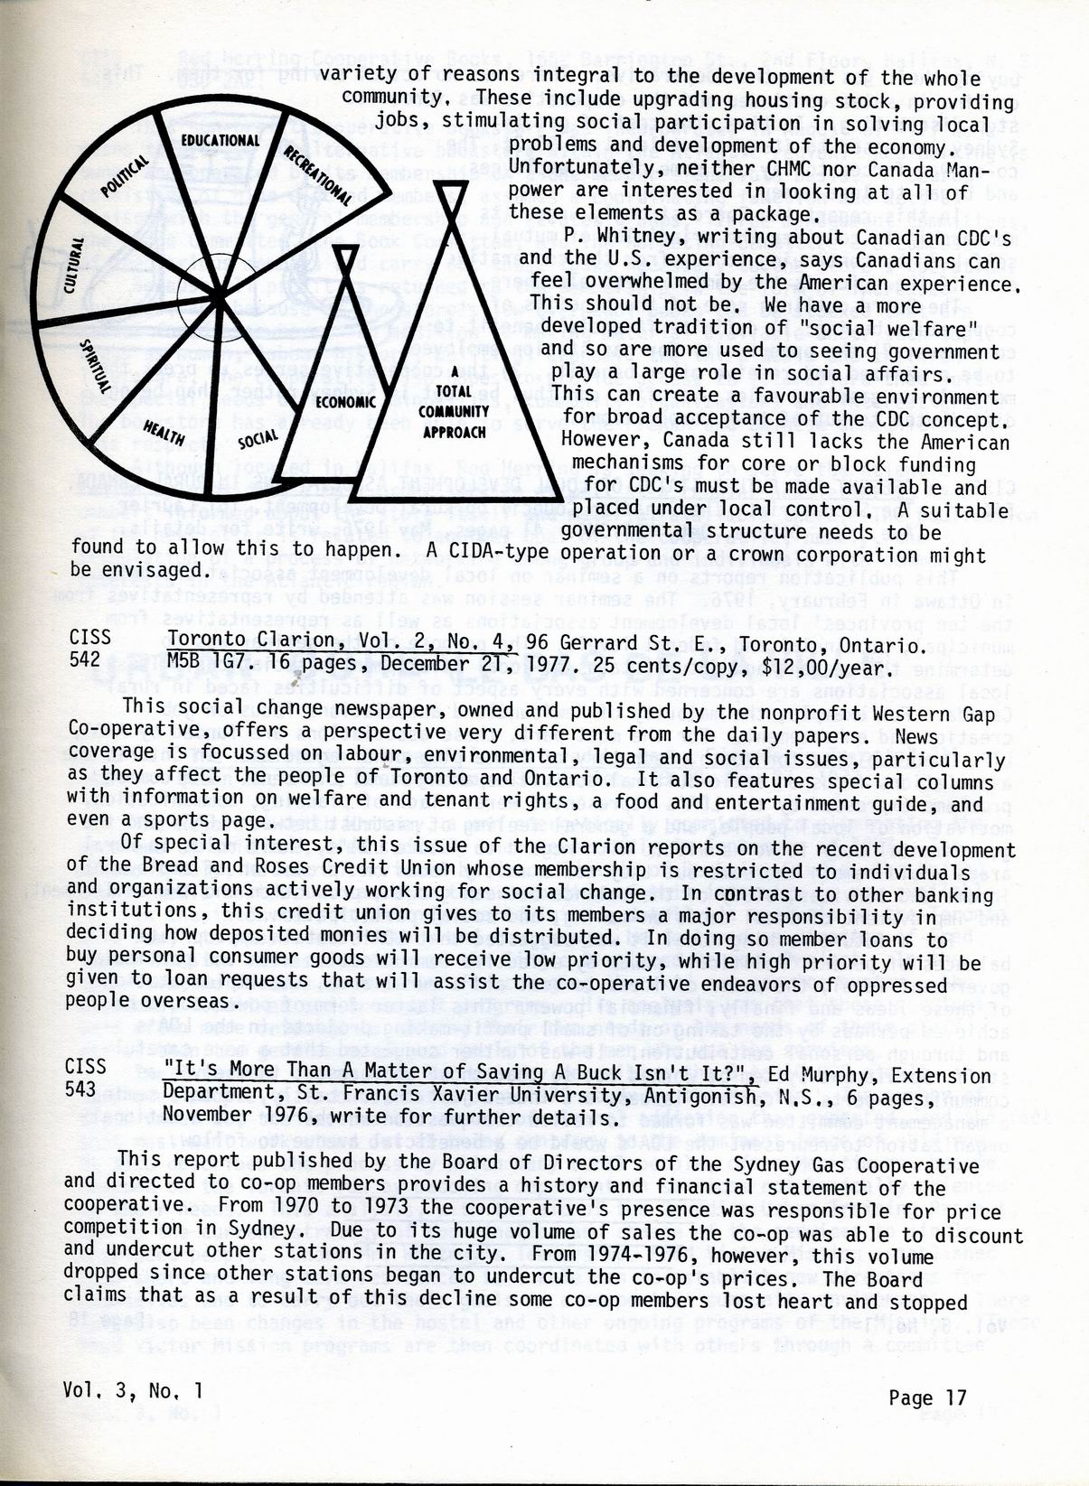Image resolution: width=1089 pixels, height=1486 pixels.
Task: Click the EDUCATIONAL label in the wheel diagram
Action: point(220,141)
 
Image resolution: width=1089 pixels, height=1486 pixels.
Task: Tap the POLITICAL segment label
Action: point(126,176)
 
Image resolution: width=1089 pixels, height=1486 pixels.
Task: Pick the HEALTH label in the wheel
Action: point(164,434)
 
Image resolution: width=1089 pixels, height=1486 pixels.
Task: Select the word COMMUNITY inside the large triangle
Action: point(454,412)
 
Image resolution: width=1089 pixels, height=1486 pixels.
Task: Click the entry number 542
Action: point(84,660)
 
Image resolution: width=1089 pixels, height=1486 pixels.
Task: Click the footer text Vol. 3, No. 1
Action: point(133,1391)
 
